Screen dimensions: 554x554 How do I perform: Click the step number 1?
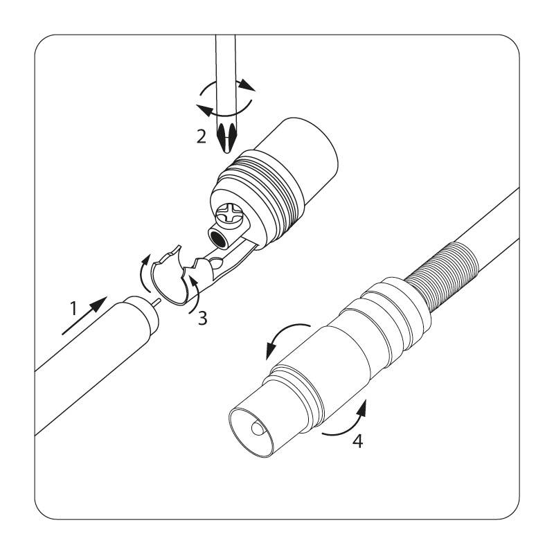pyautogui.click(x=73, y=308)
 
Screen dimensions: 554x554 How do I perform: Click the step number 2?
pyautogui.click(x=202, y=136)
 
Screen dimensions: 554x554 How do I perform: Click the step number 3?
pyautogui.click(x=202, y=318)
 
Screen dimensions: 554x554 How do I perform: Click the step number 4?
pyautogui.click(x=358, y=441)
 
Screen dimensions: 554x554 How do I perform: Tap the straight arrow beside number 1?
pyautogui.click(x=84, y=316)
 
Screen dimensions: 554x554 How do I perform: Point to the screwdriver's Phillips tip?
pyautogui.click(x=226, y=137)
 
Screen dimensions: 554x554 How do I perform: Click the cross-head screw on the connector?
pyautogui.click(x=229, y=215)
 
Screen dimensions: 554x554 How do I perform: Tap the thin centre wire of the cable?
pyautogui.click(x=157, y=303)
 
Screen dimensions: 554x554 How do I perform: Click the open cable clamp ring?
pyautogui.click(x=170, y=279)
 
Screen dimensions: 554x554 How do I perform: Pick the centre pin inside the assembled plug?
pyautogui.click(x=257, y=428)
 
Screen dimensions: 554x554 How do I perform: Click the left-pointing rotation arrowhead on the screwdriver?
pyautogui.click(x=206, y=110)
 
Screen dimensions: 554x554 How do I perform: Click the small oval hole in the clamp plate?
pyautogui.click(x=216, y=263)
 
